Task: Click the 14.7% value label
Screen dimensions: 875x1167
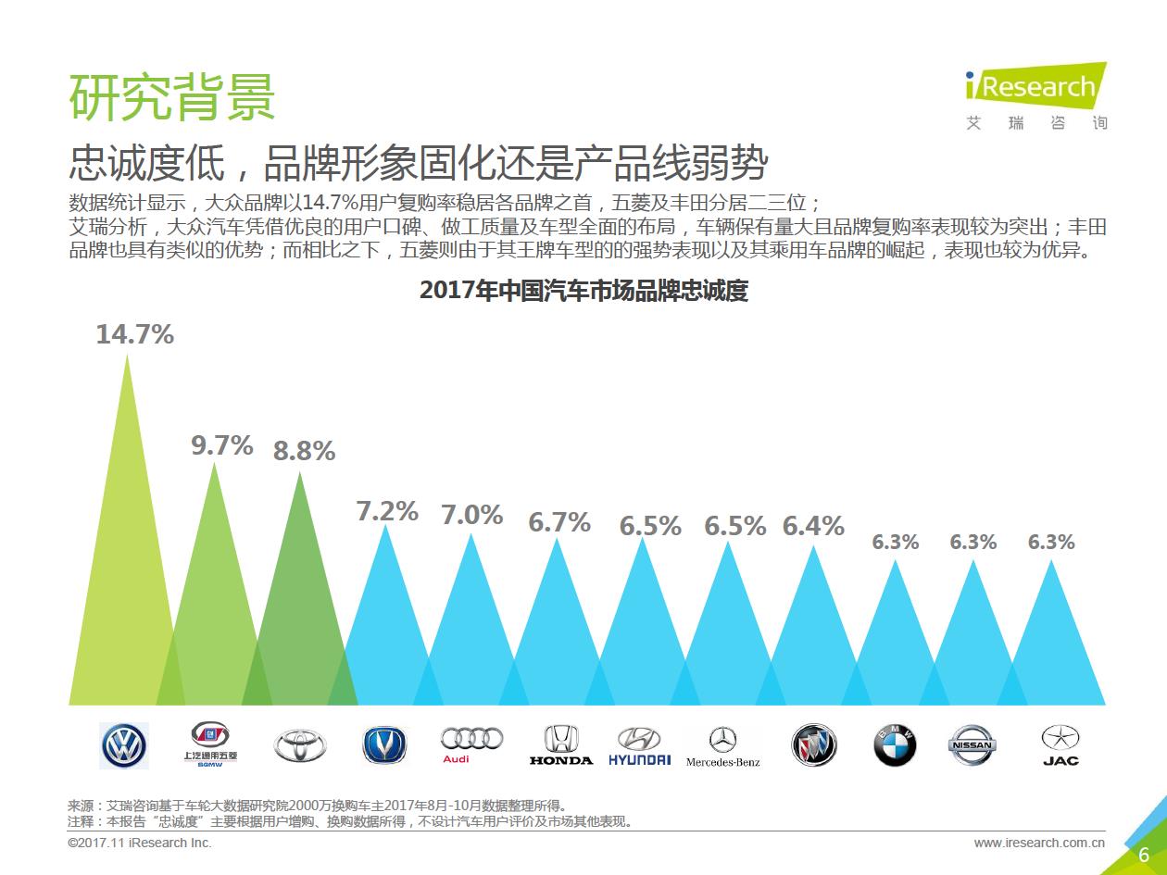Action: (x=135, y=334)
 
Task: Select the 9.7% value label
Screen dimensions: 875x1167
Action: (x=222, y=445)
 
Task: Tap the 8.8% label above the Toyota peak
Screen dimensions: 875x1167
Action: (x=304, y=451)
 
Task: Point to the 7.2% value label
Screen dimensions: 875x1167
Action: (x=387, y=510)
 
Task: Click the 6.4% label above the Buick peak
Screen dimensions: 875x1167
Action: (x=813, y=526)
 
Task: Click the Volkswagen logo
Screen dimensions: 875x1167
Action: (x=123, y=745)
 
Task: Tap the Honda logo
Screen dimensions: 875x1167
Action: (x=560, y=745)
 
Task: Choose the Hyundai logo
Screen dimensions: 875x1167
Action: (x=639, y=745)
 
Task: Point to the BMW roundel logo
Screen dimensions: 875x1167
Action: (x=894, y=745)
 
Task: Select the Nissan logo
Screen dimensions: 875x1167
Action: (x=972, y=745)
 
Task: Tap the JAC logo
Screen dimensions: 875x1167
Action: (x=1060, y=745)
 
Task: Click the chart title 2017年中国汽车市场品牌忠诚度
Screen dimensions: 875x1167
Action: (x=583, y=291)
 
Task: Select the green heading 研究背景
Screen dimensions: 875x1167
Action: (x=172, y=96)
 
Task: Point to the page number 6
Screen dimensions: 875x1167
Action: (x=1144, y=855)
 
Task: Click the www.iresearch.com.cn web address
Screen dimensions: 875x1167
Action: (x=1039, y=843)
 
